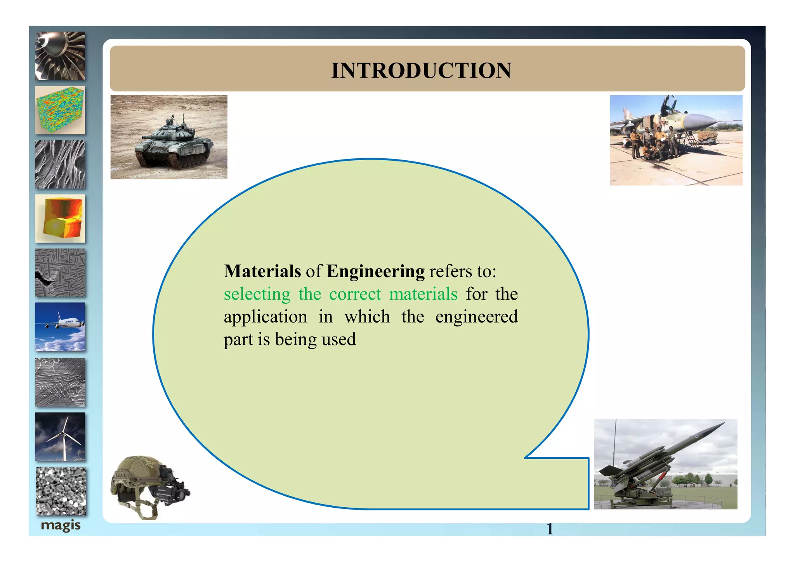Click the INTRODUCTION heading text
pos(421,71)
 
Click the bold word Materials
pos(262,271)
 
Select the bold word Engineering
pos(375,272)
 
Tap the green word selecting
pos(257,294)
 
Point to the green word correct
pos(355,294)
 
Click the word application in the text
pos(266,317)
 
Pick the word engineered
pos(476,317)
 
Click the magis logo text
pos(61,526)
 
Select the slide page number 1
pos(550,529)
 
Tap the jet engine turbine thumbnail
pos(60,56)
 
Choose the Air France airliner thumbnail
pos(60,327)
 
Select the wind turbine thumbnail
pos(60,437)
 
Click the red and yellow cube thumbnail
pos(60,219)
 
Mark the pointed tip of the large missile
pos(723,423)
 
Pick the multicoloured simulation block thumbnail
pos(60,110)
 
